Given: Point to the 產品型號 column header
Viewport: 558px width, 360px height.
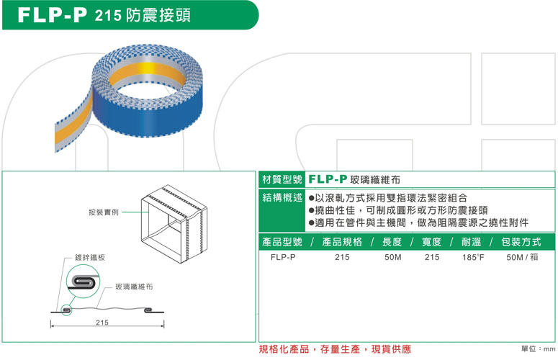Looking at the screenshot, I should [282, 241].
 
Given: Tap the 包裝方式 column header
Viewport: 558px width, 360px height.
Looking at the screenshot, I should [522, 241].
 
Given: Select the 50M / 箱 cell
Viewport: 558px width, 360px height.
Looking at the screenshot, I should [522, 256].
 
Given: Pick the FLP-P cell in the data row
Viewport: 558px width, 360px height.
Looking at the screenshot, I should [282, 256].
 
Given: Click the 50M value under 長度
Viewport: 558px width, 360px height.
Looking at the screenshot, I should [393, 256].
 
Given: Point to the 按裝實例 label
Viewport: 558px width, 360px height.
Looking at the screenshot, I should [104, 212].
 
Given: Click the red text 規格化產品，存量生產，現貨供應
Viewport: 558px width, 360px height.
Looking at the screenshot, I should [335, 349].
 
